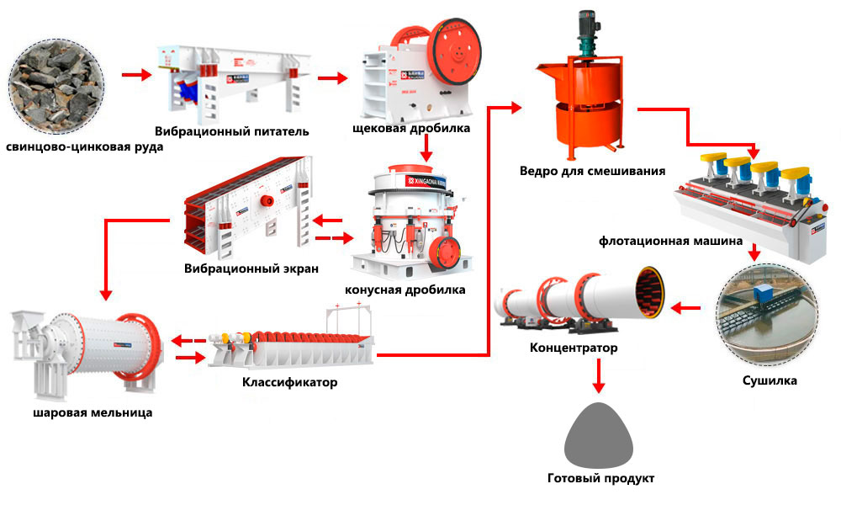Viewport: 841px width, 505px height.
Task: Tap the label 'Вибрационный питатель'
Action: click(232, 131)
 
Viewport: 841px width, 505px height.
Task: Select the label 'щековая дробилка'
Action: click(412, 129)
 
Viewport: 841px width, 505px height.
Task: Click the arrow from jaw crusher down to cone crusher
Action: click(426, 148)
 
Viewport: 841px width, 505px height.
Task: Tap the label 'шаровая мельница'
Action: click(93, 412)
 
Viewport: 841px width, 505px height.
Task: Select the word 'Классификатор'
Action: click(289, 383)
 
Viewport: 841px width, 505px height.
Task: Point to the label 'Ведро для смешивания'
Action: click(592, 171)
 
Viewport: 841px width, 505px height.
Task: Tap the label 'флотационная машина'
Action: click(670, 241)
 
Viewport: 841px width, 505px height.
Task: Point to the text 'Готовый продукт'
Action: click(600, 479)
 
